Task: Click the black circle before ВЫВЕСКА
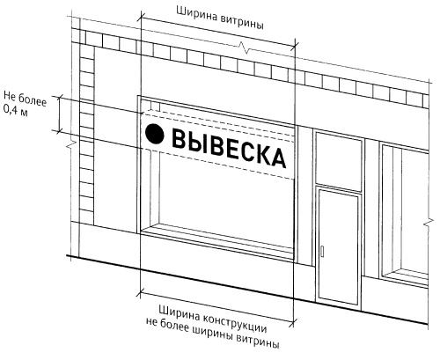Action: (155, 134)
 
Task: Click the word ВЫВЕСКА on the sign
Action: (229, 148)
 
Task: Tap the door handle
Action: (322, 252)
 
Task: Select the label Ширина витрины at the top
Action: (220, 18)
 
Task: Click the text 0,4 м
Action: (15, 110)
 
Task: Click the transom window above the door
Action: (338, 160)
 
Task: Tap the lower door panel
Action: (339, 247)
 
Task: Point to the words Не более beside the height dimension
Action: (25, 98)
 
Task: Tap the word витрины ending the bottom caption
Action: (258, 341)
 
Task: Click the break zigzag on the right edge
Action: (429, 223)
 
